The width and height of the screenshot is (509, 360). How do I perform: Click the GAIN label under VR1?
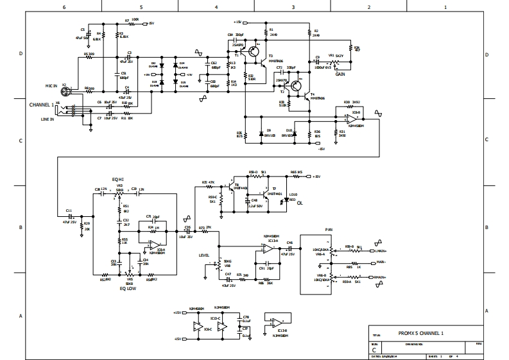click(340, 74)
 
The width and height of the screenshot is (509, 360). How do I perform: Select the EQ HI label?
click(118, 179)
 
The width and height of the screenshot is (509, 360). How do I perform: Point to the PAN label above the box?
click(329, 228)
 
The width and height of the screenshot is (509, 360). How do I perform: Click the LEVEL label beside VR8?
click(205, 255)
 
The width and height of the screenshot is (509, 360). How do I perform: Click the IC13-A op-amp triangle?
click(265, 252)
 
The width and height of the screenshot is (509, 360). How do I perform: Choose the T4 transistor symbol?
click(298, 87)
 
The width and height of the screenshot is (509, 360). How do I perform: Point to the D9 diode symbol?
click(261, 133)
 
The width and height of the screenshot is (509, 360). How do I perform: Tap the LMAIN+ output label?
click(382, 250)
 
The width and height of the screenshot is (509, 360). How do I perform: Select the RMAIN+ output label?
click(382, 277)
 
